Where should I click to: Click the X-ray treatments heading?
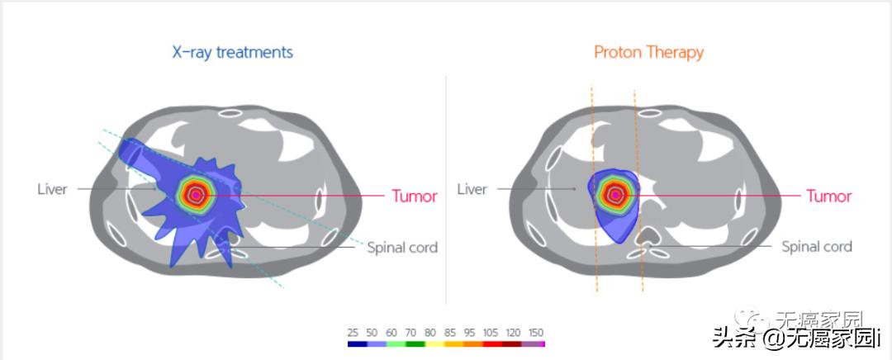[x=232, y=52]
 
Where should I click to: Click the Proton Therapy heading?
[x=648, y=52]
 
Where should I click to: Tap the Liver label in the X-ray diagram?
[x=51, y=189]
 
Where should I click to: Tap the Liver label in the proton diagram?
[x=472, y=189]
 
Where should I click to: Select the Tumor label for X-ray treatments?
[x=415, y=197]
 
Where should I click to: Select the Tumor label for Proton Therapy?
[x=828, y=197]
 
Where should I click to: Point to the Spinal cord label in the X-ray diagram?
[x=402, y=247]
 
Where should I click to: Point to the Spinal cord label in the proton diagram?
[x=816, y=246]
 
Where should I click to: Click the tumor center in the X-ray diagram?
[x=196, y=195]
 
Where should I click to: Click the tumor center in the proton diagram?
[x=614, y=195]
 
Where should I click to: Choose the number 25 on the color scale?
[x=353, y=332]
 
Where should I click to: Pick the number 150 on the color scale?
[x=537, y=332]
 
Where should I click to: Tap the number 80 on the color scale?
[x=429, y=332]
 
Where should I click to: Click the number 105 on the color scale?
[x=491, y=332]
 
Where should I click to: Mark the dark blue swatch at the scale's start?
[x=356, y=343]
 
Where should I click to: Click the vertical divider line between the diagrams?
[x=446, y=190]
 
